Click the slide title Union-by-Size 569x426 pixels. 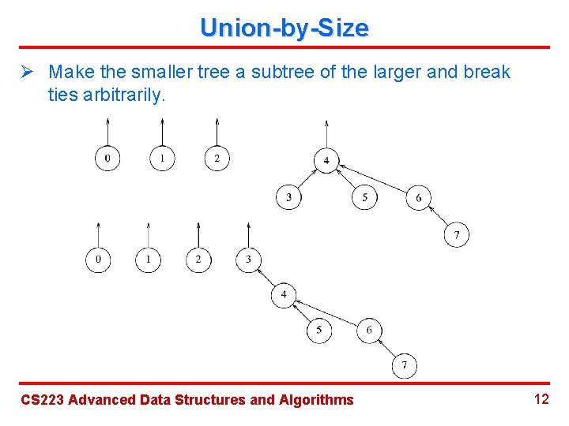284,28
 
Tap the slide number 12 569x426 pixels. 541,399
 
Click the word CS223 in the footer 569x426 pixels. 41,400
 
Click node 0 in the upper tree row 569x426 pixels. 107,159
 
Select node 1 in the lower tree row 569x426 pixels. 148,259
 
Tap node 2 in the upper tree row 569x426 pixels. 217,159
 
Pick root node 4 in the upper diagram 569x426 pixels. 326,160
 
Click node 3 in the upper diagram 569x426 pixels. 288,197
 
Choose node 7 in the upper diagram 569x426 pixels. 456,235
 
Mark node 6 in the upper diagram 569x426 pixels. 419,197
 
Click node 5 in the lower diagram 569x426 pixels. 319,330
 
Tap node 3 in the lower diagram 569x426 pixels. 248,259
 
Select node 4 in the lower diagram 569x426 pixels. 284,295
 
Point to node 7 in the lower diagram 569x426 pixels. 405,365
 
